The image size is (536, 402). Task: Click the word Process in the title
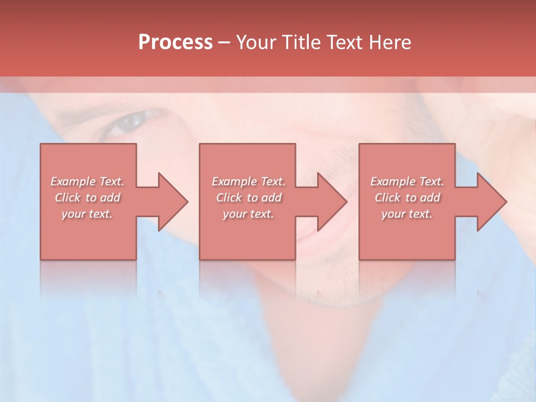(175, 42)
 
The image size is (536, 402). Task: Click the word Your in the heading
(257, 42)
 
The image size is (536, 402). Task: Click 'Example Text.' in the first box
(87, 181)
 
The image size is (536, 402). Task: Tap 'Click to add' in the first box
(87, 198)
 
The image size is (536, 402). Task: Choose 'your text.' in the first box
(87, 214)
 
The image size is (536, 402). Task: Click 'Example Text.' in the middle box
(248, 181)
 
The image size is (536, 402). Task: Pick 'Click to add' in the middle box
(248, 198)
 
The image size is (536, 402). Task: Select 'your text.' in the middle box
(248, 214)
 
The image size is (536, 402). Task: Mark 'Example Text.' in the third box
(407, 181)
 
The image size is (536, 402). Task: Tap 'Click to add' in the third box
(407, 198)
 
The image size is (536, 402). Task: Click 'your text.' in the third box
(407, 214)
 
